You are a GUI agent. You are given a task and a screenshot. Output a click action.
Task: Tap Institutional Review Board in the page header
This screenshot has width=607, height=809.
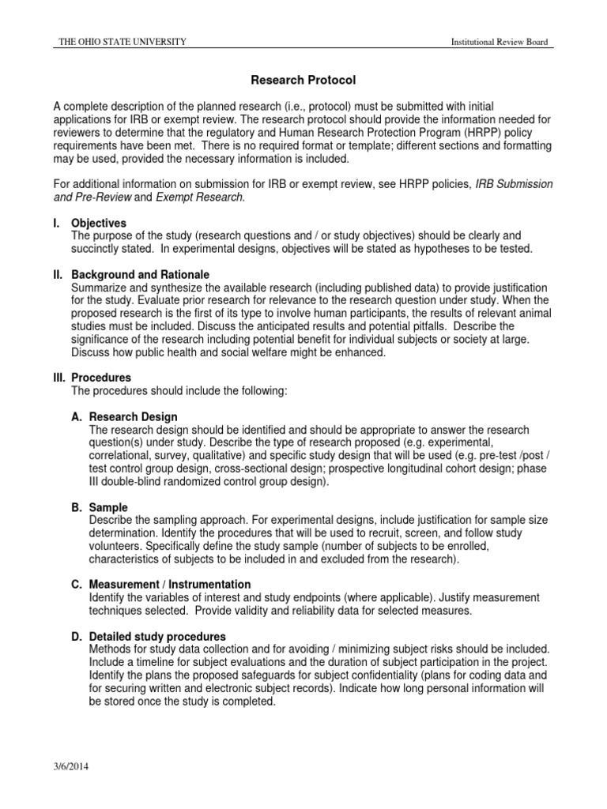pos(499,42)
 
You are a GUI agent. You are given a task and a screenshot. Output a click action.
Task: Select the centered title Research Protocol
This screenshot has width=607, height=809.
pos(303,80)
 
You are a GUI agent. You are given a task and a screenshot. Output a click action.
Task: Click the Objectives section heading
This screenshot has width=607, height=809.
pos(99,224)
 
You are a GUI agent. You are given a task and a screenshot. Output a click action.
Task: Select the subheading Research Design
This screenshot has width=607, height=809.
pos(134,416)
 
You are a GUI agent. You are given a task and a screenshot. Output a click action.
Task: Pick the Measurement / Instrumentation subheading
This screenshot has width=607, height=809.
pos(162,584)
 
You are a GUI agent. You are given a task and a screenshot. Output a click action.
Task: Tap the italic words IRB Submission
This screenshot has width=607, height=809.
pos(514,184)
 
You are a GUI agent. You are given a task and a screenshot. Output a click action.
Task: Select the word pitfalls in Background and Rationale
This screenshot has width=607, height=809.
pos(438,326)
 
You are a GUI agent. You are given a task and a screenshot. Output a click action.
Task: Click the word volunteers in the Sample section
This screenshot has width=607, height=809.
pos(119,545)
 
